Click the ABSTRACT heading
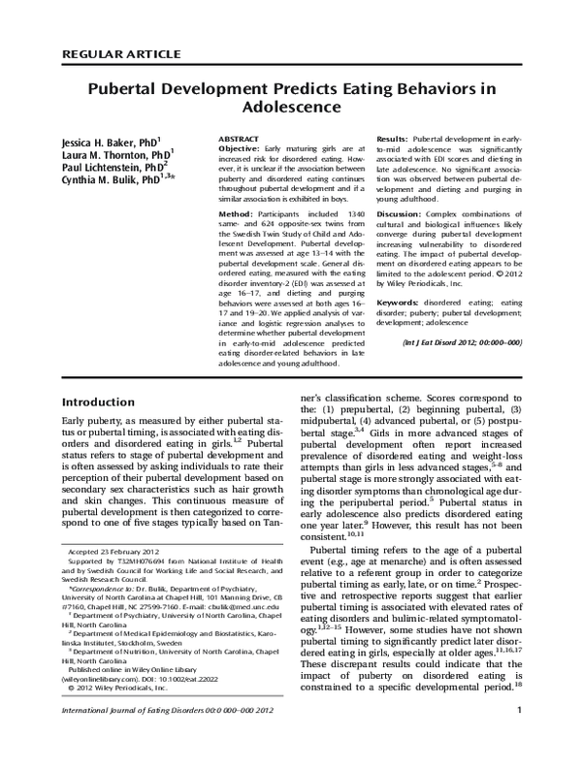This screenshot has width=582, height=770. (x=239, y=140)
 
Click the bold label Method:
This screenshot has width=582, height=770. (x=236, y=213)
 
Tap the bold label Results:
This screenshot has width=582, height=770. (x=392, y=140)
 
